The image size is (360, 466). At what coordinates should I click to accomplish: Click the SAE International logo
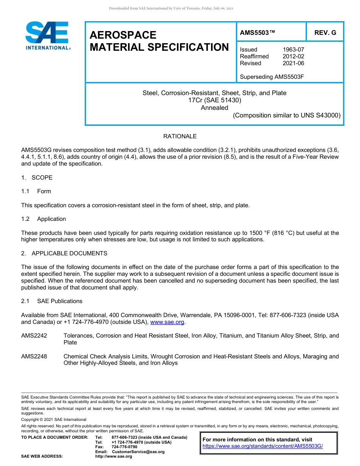[x=47, y=36]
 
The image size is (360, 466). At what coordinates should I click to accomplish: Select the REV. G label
[x=325, y=33]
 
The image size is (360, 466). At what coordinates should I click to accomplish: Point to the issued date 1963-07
[x=293, y=50]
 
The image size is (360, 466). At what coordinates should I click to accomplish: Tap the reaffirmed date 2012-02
[x=293, y=56]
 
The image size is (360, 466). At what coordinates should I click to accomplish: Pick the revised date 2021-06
[x=293, y=63]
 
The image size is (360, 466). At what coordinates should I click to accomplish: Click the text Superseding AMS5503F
[x=272, y=77]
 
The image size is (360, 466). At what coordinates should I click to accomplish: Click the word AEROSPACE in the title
[x=123, y=35]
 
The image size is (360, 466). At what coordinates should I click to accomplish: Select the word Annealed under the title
[x=214, y=108]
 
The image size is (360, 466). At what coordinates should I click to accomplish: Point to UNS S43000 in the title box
[x=317, y=115]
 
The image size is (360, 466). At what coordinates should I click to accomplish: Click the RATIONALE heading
[x=180, y=136]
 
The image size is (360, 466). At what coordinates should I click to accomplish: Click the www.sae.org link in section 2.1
[x=167, y=322]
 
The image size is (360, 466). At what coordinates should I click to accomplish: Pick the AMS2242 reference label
[x=34, y=336]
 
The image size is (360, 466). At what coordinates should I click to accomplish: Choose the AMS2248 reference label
[x=34, y=357]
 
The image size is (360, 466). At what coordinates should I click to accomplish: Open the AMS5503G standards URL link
[x=263, y=446]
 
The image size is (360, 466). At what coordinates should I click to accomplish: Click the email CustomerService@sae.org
[x=138, y=452]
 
